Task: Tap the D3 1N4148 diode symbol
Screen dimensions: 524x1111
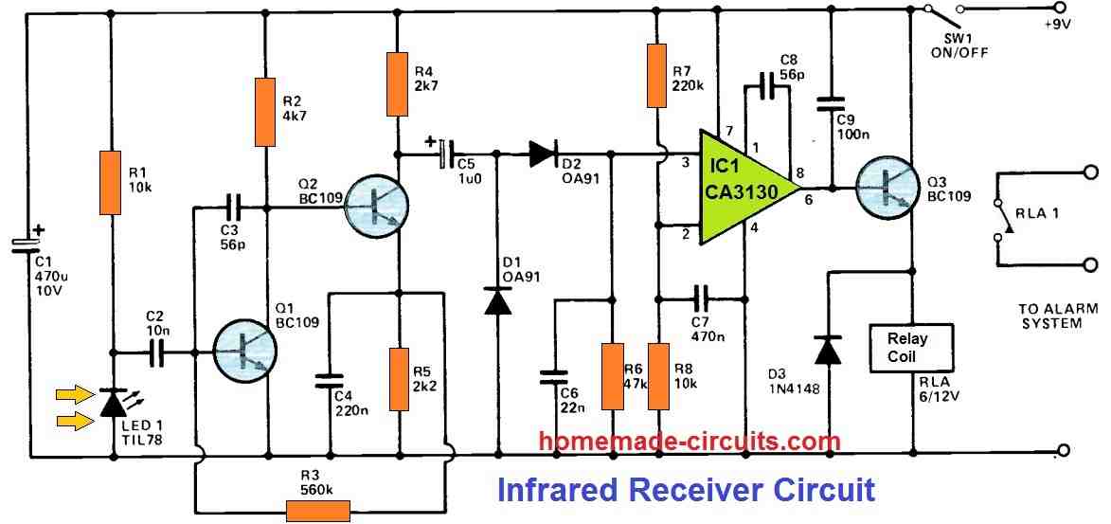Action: [x=829, y=350]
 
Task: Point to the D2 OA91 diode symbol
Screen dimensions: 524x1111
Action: [x=543, y=152]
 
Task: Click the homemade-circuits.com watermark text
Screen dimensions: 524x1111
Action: [x=690, y=442]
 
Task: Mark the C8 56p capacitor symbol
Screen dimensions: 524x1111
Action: [x=768, y=90]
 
